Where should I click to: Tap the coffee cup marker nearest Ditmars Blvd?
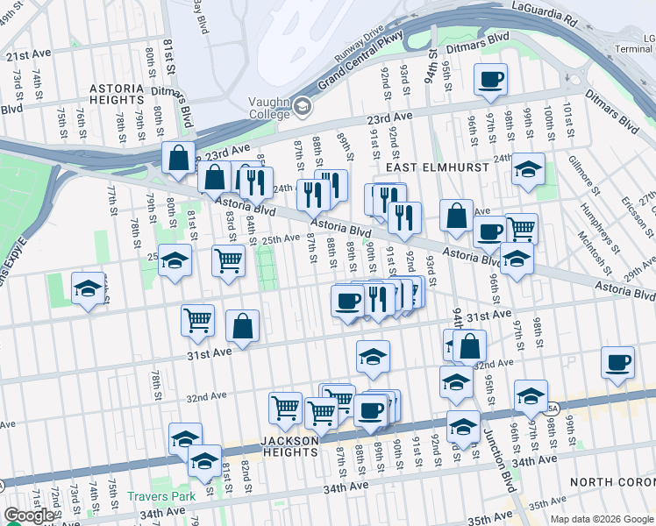point(490,81)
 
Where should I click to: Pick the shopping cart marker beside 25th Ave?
point(228,260)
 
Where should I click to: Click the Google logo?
point(29,515)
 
